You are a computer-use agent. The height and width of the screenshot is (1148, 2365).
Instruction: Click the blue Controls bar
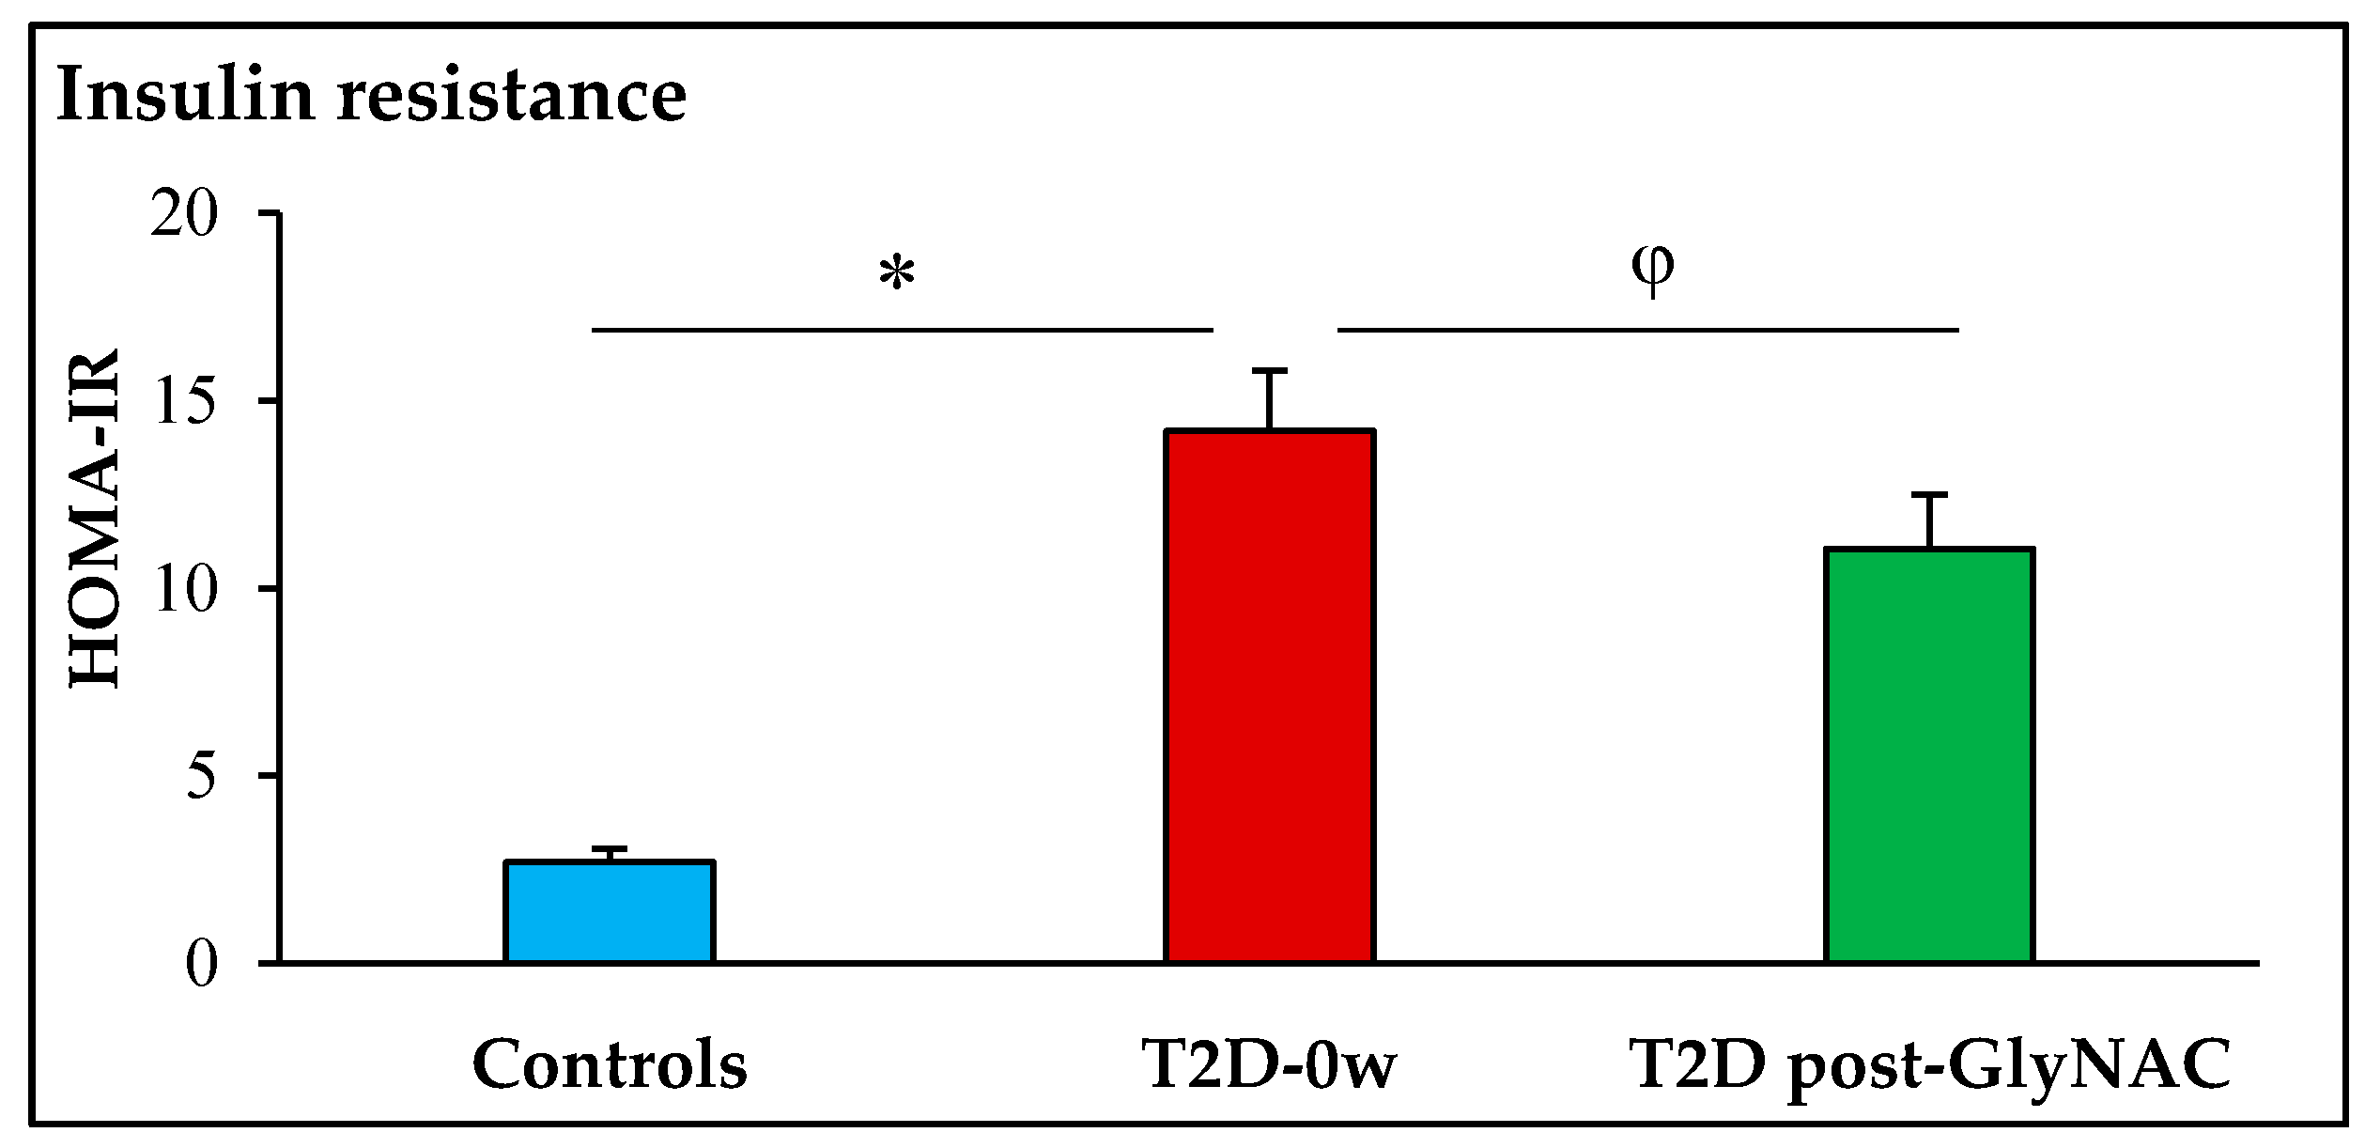coord(610,910)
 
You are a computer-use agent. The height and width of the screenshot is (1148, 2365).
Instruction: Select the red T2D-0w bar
coord(1270,695)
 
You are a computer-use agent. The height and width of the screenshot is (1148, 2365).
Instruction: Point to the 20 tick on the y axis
coord(188,214)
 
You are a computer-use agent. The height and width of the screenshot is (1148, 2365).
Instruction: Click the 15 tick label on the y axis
coord(188,402)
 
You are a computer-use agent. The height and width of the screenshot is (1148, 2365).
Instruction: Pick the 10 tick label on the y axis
coord(188,589)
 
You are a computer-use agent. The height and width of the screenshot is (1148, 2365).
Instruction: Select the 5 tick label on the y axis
coord(202,776)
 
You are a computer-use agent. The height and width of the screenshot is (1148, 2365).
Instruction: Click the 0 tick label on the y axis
coord(202,964)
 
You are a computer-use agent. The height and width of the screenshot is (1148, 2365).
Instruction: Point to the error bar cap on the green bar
coord(1929,494)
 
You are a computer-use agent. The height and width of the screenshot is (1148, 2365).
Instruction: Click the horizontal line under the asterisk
coord(902,330)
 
